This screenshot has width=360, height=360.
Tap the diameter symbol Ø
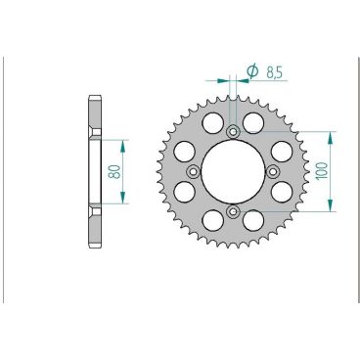point(251,70)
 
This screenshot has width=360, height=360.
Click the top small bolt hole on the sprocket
point(233,131)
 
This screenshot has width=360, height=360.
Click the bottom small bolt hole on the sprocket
point(233,211)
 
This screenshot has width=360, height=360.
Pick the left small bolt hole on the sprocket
point(193,171)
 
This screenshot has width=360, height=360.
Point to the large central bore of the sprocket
point(233,171)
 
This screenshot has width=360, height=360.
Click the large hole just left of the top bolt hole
point(212,122)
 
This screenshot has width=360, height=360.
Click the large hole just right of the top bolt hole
point(253,122)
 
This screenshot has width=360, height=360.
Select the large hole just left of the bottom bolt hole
point(212,220)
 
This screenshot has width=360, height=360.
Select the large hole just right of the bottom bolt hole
point(253,220)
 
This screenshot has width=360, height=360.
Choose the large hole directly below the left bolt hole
point(184,192)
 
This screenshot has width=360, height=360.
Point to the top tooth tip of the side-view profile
point(95,97)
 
